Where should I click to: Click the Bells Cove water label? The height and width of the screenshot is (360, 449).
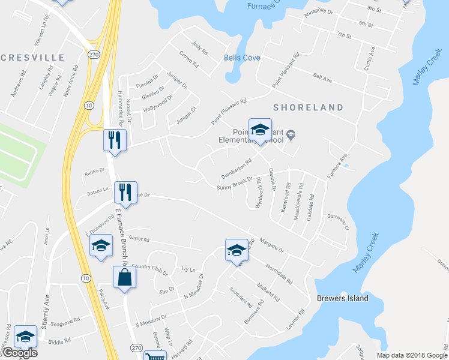click(242, 58)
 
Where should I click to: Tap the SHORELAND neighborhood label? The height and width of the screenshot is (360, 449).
click(308, 107)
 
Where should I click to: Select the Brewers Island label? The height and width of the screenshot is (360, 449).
click(342, 298)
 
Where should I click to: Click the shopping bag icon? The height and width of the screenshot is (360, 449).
click(124, 278)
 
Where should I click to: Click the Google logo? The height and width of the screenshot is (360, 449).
click(19, 353)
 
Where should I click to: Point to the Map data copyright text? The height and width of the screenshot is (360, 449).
click(411, 355)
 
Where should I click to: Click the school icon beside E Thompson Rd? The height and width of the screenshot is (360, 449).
click(101, 246)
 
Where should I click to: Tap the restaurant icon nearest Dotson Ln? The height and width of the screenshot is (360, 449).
click(125, 193)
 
